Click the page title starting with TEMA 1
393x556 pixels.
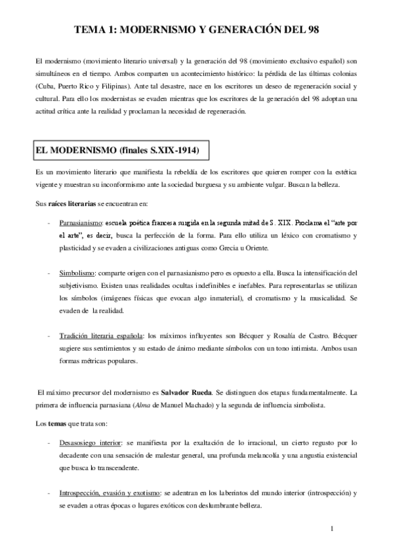(x=196, y=29)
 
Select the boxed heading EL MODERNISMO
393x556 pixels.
(x=116, y=151)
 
